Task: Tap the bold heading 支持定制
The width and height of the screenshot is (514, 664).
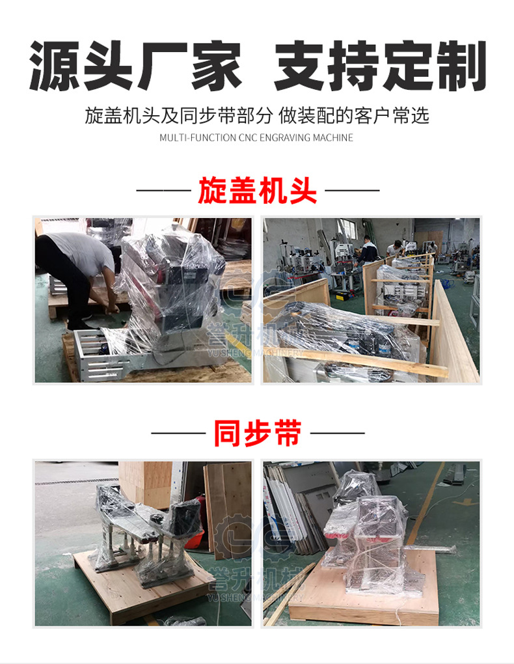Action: (x=380, y=66)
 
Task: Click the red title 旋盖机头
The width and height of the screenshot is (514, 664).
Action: (x=257, y=190)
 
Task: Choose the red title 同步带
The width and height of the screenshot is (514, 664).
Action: (x=257, y=432)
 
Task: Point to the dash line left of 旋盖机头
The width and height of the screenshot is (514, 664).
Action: (x=163, y=191)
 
